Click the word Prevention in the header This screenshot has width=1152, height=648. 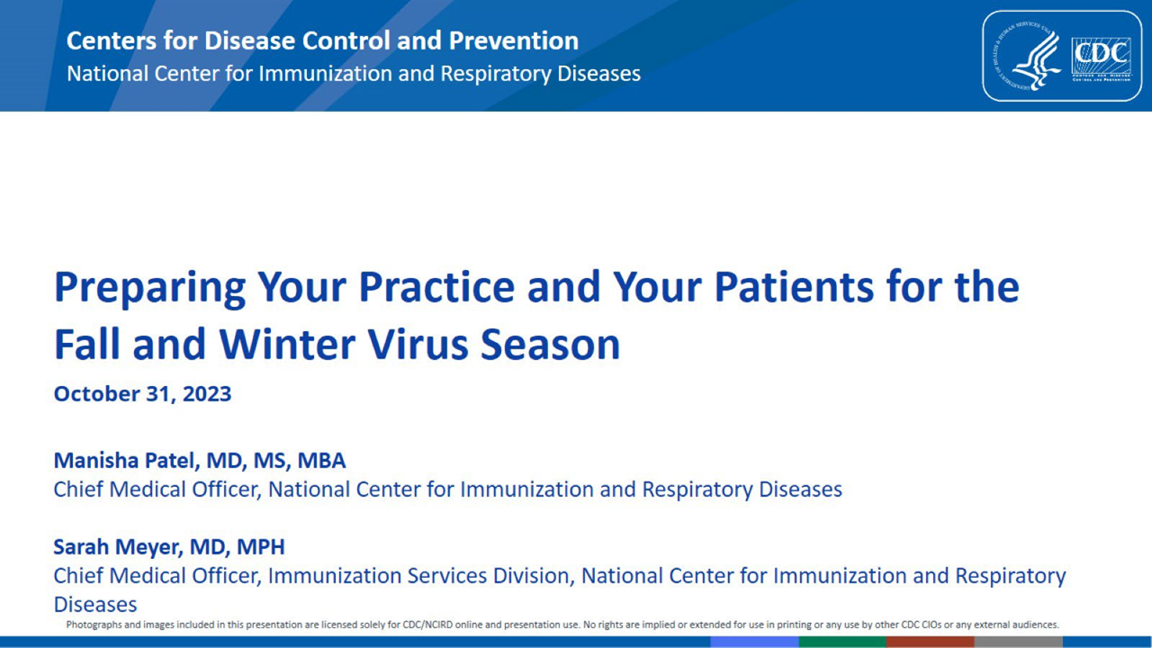514,40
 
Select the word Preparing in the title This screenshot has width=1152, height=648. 149,289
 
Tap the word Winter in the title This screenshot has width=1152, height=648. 287,344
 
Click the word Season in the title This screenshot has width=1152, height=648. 550,344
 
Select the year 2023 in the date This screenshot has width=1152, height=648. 207,394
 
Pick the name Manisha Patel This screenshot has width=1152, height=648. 123,460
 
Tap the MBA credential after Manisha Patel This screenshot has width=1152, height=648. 321,460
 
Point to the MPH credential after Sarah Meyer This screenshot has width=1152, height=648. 260,546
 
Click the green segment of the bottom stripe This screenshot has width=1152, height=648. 842,642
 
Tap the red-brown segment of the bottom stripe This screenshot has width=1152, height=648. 931,642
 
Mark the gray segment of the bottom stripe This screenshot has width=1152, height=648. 1019,642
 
